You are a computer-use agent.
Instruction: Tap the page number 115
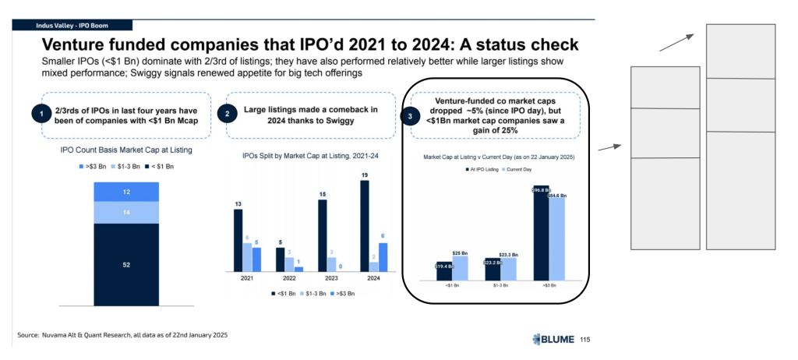(x=585, y=339)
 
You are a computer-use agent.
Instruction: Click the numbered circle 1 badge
(x=37, y=115)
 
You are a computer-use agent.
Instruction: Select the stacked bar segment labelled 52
(x=126, y=265)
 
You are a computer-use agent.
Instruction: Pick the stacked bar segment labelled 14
(x=126, y=213)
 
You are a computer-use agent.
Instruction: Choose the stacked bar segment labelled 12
(x=126, y=192)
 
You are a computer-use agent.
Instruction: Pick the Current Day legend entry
(x=518, y=169)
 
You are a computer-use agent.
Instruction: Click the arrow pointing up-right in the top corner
(x=676, y=41)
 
